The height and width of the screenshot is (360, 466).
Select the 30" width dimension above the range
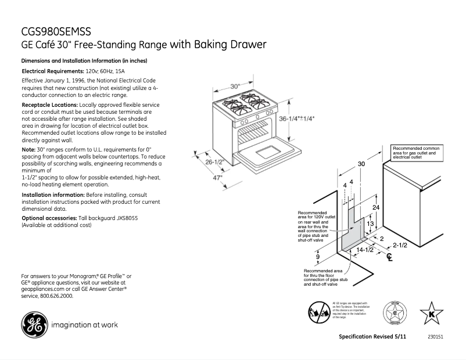point(235,87)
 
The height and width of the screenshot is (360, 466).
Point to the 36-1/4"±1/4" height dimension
point(296,118)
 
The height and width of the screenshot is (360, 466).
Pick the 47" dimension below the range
point(217,178)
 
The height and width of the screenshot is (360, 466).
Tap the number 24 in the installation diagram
point(376,207)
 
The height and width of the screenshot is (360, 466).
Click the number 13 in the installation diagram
point(370,223)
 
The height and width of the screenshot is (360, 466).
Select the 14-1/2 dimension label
point(364,250)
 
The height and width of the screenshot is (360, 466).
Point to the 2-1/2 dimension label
point(400,245)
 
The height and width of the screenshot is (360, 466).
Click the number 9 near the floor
point(318,256)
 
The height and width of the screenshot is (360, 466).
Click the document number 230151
point(435,337)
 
